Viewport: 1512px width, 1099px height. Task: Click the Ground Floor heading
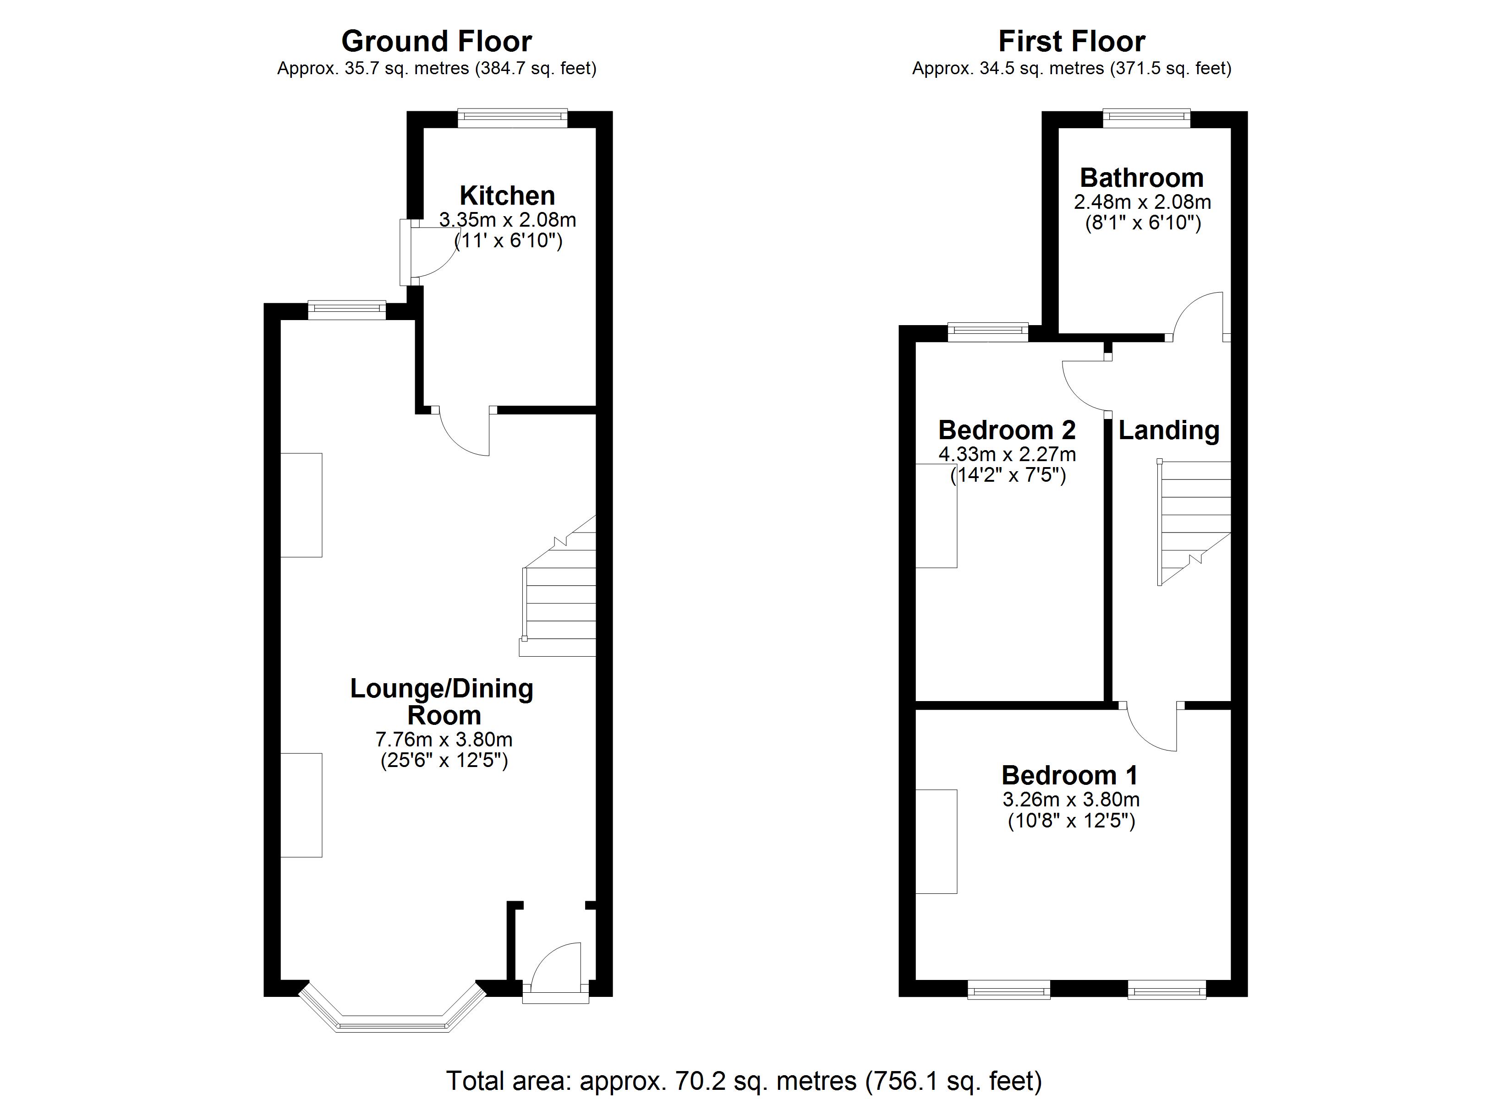[x=436, y=41]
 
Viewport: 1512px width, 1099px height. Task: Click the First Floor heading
[x=1071, y=41]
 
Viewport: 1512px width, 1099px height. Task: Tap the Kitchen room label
[x=507, y=195]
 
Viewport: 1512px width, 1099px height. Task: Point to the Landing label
[x=1169, y=430]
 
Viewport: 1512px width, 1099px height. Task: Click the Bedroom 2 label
[x=1007, y=430]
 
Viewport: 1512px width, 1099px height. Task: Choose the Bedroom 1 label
[x=1069, y=775]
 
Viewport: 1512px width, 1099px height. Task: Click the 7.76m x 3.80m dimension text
[x=444, y=739]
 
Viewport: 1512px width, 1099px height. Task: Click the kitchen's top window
[x=512, y=119]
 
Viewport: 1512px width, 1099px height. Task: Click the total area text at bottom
[x=743, y=1080]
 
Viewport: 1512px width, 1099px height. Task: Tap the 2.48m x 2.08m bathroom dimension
[x=1141, y=202]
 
